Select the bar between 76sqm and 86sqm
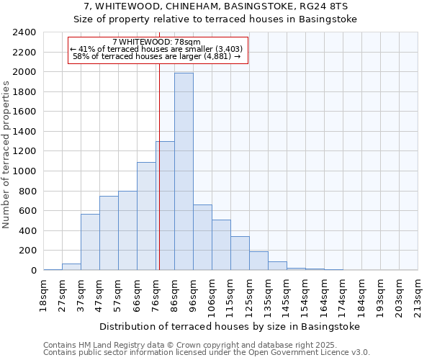point(165,206)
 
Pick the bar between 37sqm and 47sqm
point(90,242)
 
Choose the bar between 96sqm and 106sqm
point(202,238)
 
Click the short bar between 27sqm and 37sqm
point(71,266)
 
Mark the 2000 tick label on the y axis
point(25,72)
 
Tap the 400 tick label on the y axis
point(27,231)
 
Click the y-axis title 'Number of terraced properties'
point(7,154)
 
